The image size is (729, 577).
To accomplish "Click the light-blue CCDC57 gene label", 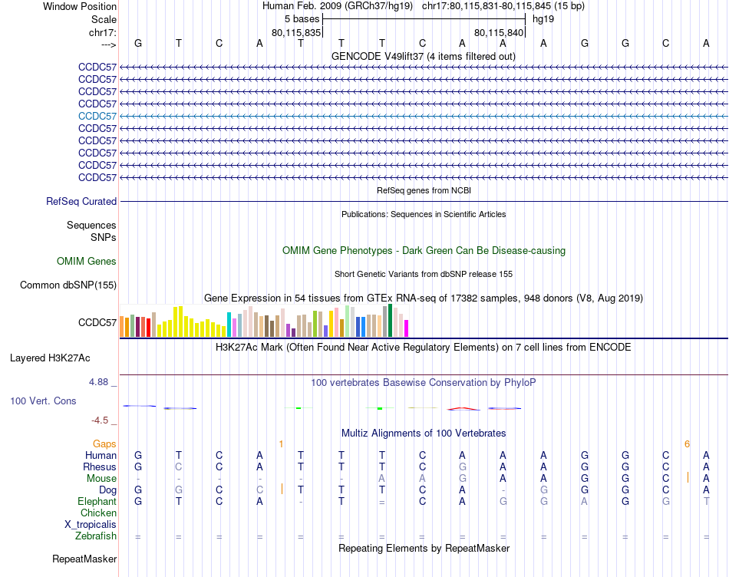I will click(97, 116).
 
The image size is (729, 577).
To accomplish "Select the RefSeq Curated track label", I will click(81, 202).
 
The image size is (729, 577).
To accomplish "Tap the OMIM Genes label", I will click(87, 262).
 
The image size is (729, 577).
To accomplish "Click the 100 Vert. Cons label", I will click(43, 401).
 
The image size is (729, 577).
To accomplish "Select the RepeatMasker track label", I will click(84, 559).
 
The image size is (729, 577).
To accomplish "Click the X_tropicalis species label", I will click(91, 525).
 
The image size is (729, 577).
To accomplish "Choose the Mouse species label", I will click(101, 479).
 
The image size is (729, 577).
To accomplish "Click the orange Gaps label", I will click(104, 444).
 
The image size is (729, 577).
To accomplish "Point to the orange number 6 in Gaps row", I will click(687, 444).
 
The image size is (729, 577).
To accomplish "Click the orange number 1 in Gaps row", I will click(281, 444).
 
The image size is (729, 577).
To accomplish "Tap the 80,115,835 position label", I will click(296, 32).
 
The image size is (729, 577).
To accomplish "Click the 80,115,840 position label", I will click(499, 32).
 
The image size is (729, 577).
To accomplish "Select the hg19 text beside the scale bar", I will click(543, 18).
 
